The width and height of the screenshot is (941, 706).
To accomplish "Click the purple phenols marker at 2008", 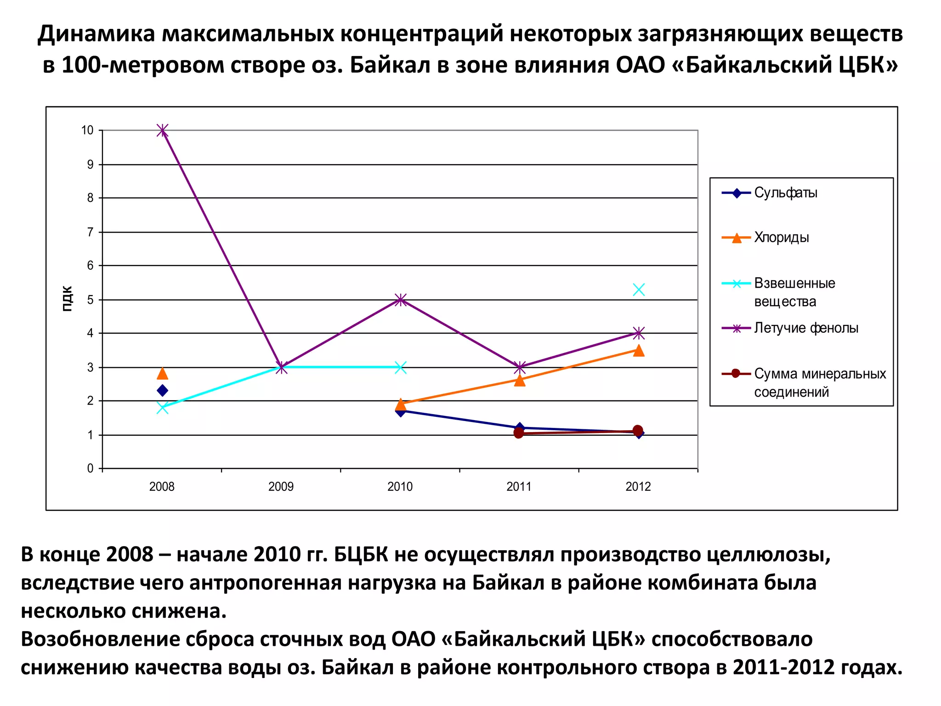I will [x=162, y=131].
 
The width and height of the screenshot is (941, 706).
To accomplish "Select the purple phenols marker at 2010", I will [x=401, y=300].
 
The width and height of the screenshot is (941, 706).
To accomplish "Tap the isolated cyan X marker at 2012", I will [x=639, y=290].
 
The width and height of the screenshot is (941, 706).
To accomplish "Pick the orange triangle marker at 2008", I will [x=162, y=374].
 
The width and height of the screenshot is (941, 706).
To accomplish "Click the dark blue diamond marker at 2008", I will [x=162, y=391].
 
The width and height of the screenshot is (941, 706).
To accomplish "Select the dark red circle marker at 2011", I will [x=519, y=433].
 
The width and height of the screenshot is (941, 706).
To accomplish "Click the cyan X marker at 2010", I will [x=401, y=367].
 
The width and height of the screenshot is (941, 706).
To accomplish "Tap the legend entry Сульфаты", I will [x=786, y=193].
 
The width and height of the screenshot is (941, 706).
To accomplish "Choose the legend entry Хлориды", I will [x=781, y=238].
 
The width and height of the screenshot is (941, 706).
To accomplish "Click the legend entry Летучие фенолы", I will [x=806, y=328].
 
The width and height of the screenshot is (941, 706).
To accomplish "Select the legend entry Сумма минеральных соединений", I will [x=820, y=382].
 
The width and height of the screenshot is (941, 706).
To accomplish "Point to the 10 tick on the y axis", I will [x=87, y=131].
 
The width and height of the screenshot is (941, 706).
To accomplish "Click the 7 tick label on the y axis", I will [x=90, y=232].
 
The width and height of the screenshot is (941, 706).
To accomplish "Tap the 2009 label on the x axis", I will [x=281, y=487].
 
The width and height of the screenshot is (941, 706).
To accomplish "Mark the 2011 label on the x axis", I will [x=519, y=487].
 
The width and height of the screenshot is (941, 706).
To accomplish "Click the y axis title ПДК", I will [x=67, y=299].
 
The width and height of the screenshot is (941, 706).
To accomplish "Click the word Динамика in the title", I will [x=96, y=34].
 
